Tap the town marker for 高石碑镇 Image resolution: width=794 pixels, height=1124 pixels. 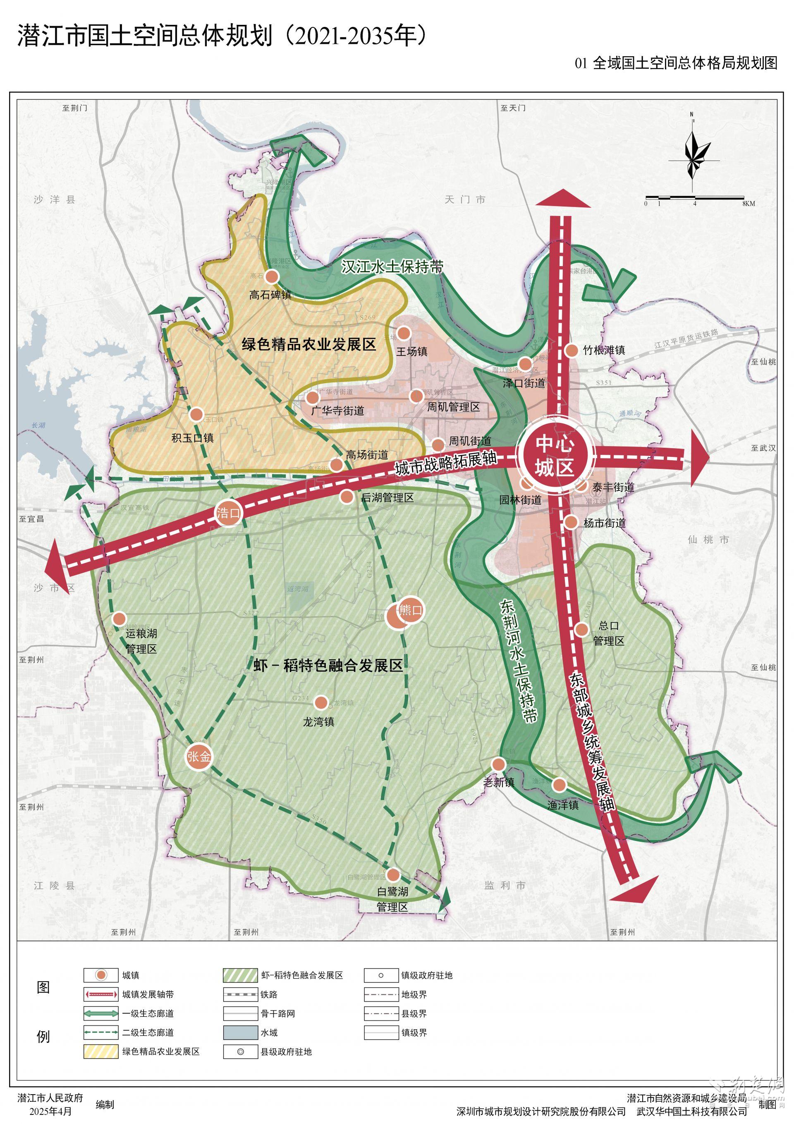point(272,276)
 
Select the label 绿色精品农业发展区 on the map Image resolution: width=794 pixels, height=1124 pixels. point(309,345)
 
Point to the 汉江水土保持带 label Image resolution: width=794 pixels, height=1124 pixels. point(392,267)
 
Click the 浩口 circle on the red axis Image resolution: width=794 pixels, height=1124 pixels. point(228,513)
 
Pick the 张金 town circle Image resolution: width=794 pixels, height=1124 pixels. point(199,757)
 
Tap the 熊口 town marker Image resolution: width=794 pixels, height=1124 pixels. point(410,610)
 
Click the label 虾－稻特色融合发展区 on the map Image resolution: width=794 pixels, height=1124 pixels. point(328,665)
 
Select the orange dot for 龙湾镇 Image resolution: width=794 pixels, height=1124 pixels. point(321,703)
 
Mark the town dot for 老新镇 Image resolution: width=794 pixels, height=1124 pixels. point(498,764)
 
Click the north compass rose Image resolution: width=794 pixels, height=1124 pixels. point(693,153)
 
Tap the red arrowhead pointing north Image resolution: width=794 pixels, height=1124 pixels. point(563,198)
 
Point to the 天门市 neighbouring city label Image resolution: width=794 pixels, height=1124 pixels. point(465,199)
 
